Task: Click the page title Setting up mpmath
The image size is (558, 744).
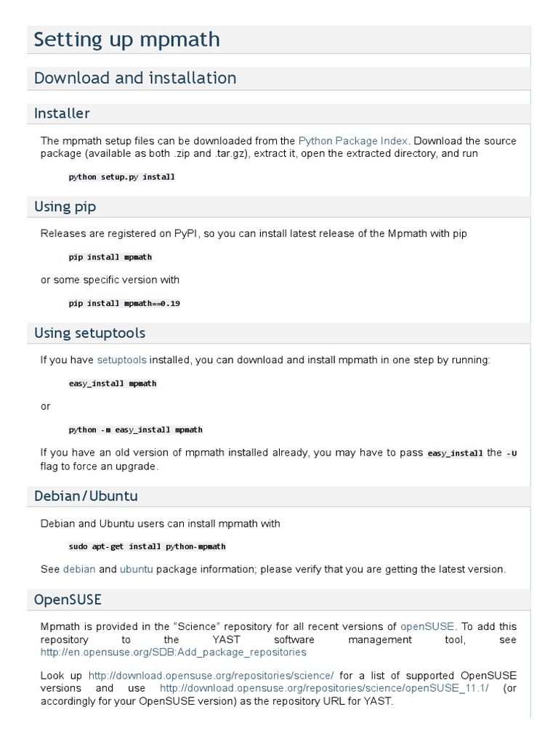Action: (x=126, y=40)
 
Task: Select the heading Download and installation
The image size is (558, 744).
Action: (x=135, y=78)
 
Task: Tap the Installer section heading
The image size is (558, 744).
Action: (x=62, y=113)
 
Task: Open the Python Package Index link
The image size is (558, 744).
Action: (x=353, y=141)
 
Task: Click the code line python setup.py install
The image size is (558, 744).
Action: (x=121, y=177)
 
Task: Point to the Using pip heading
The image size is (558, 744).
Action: (x=65, y=207)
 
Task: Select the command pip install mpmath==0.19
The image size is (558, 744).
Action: (x=124, y=303)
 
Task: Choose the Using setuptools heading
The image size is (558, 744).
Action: (x=89, y=333)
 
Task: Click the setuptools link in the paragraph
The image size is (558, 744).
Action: (x=121, y=360)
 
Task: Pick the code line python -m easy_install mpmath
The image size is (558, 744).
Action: (x=135, y=429)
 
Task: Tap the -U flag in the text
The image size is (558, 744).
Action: (x=511, y=453)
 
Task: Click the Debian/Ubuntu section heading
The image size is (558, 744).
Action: (x=86, y=496)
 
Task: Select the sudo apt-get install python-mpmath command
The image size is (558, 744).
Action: (x=147, y=546)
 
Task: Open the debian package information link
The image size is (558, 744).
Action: (x=79, y=570)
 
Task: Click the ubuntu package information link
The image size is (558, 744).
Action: (x=136, y=570)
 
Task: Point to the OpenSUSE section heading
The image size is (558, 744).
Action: (x=68, y=600)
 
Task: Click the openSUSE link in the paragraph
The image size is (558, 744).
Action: (x=427, y=626)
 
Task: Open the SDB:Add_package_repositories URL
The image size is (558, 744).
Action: (x=174, y=652)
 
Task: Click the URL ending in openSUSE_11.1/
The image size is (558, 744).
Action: (x=324, y=688)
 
